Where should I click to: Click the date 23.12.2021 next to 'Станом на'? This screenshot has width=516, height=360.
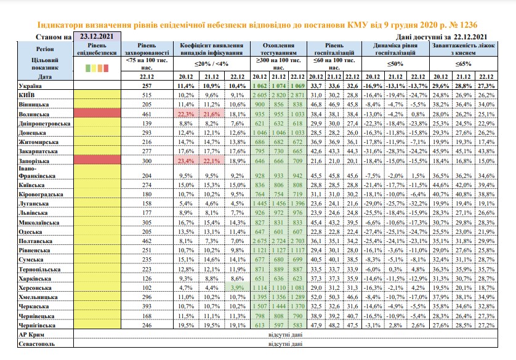click(x=97, y=36)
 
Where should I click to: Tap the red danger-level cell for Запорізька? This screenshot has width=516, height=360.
click(x=97, y=160)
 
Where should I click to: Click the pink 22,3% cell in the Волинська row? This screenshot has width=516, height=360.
click(x=186, y=114)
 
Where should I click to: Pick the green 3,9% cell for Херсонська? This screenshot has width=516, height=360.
click(x=237, y=287)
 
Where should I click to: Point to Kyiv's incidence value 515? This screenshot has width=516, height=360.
click(x=147, y=95)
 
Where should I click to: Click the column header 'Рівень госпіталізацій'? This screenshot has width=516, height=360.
click(x=334, y=49)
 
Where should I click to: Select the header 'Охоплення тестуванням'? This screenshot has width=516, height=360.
click(x=278, y=49)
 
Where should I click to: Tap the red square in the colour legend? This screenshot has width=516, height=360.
click(x=106, y=68)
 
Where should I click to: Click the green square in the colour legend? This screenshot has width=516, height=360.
click(x=88, y=68)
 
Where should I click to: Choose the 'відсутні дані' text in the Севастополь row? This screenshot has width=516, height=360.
click(x=285, y=344)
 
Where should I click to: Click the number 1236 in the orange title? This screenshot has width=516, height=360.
click(x=469, y=25)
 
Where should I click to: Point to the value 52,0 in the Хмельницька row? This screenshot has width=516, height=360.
click(x=316, y=297)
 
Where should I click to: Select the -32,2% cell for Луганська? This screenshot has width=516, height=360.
click(x=418, y=204)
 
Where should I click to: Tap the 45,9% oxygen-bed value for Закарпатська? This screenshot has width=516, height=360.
click(x=441, y=151)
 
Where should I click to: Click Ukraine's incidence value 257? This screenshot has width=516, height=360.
click(x=147, y=86)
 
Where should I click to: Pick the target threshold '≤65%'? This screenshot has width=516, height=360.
click(x=463, y=64)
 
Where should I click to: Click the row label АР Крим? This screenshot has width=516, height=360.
click(x=31, y=335)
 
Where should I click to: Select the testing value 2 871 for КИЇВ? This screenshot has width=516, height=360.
click(x=297, y=95)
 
